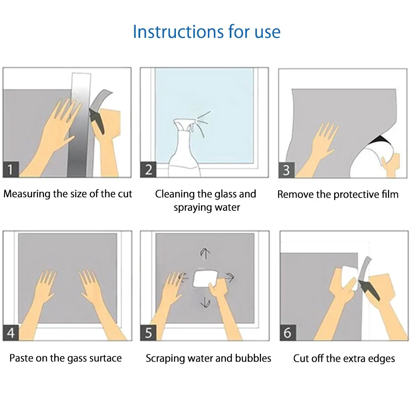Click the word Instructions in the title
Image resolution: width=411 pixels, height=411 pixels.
[178, 32]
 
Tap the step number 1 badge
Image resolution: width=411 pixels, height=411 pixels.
[11, 169]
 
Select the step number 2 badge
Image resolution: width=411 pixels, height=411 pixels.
[148, 170]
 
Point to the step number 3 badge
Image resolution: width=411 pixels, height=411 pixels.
[286, 170]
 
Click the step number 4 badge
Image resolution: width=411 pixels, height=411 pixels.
[11, 332]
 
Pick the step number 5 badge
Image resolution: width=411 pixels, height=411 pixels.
[148, 332]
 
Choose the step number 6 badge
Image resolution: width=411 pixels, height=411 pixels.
[288, 332]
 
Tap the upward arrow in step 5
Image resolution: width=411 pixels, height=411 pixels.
[205, 254]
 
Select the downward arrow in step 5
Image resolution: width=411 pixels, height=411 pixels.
[205, 303]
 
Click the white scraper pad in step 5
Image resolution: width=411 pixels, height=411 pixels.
[205, 279]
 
